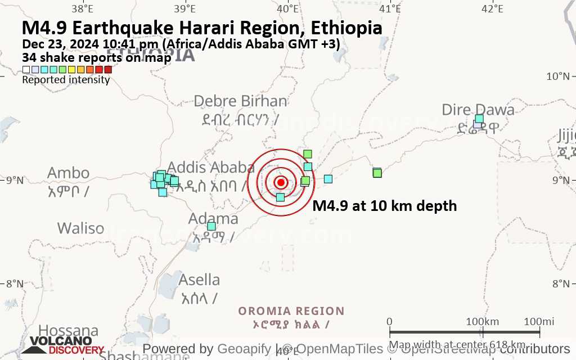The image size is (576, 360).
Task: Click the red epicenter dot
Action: point(281,182)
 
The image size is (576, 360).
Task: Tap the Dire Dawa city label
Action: point(478,110)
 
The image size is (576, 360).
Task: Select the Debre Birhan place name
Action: point(240,101)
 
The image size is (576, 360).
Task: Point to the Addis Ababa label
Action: point(211,167)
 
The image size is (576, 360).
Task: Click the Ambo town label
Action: point(68,173)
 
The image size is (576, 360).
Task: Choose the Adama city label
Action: point(213,218)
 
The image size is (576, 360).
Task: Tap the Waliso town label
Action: point(80,228)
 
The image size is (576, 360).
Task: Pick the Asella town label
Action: point(199,280)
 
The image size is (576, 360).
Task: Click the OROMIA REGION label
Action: point(291,311)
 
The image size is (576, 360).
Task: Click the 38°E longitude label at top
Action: point(83,8)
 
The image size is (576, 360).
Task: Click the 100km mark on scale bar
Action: point(483,321)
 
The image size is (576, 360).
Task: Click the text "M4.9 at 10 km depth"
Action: point(384,206)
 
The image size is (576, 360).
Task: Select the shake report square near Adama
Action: point(211,226)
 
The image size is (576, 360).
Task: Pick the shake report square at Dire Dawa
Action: point(479,119)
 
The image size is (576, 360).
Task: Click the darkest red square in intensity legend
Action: point(108,70)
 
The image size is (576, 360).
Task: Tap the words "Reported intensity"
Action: point(66,80)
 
